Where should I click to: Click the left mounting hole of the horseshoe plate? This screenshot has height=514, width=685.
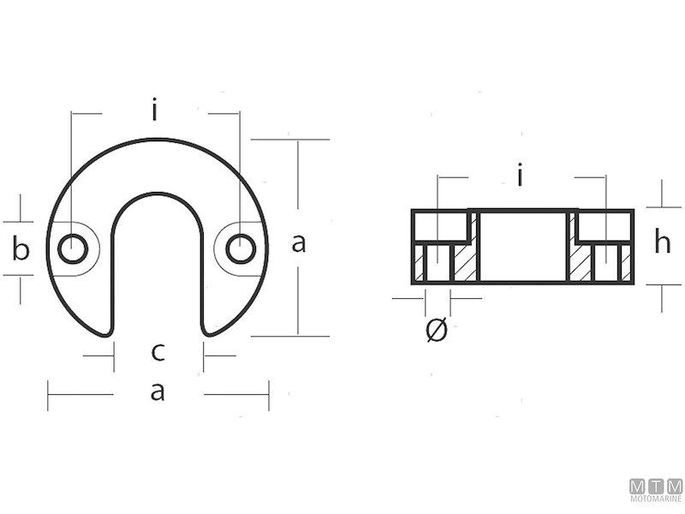pyautogui.click(x=72, y=249)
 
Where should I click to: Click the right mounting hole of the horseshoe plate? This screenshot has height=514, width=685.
pyautogui.click(x=241, y=249)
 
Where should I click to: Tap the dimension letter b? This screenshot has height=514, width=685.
pyautogui.click(x=21, y=249)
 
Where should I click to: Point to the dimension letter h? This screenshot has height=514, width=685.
pyautogui.click(x=662, y=243)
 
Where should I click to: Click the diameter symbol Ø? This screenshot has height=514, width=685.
pyautogui.click(x=436, y=329)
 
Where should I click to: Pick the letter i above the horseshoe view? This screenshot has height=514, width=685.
pyautogui.click(x=154, y=111)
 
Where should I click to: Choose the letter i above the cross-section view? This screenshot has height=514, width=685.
pyautogui.click(x=521, y=176)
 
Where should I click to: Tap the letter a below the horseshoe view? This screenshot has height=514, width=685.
pyautogui.click(x=158, y=393)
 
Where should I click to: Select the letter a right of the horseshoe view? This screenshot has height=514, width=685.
pyautogui.click(x=298, y=243)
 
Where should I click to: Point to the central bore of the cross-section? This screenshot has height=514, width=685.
pyautogui.click(x=521, y=246)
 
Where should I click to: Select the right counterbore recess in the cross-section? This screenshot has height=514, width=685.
pyautogui.click(x=603, y=226)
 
